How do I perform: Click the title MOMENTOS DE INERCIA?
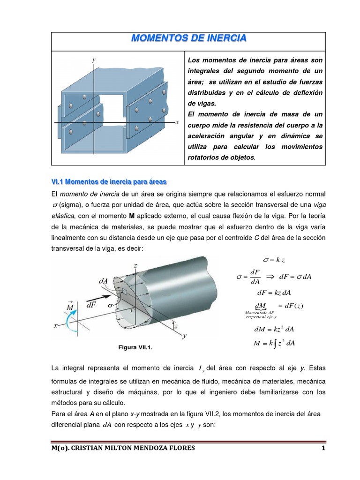[x=188, y=38]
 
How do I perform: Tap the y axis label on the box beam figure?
[x=94, y=60]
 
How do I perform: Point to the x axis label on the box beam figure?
[x=177, y=122]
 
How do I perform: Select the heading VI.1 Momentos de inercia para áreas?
[x=109, y=181]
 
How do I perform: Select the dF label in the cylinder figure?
[x=92, y=304]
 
